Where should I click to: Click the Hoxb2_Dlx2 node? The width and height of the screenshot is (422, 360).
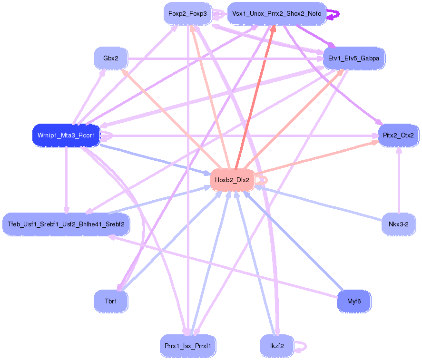click(232, 180)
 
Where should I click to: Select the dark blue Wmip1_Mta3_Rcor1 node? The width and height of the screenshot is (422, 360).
click(66, 136)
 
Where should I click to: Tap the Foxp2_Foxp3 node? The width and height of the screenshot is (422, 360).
click(187, 14)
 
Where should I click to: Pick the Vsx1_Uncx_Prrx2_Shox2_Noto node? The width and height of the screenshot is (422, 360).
click(276, 14)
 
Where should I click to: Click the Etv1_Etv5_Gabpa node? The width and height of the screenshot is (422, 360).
click(353, 58)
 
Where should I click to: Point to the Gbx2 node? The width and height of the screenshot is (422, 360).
click(110, 58)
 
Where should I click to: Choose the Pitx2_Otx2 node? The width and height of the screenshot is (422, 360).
click(398, 136)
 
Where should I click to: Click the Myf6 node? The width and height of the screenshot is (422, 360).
click(353, 301)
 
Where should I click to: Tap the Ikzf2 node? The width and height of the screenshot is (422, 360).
click(276, 346)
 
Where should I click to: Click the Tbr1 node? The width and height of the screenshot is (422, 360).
click(110, 301)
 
